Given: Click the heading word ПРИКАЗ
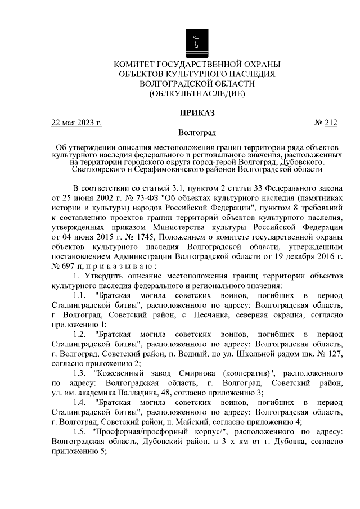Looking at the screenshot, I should point(196,112).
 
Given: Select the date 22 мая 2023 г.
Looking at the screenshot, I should point(76,123).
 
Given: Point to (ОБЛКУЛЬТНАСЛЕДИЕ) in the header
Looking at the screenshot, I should point(196,94).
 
